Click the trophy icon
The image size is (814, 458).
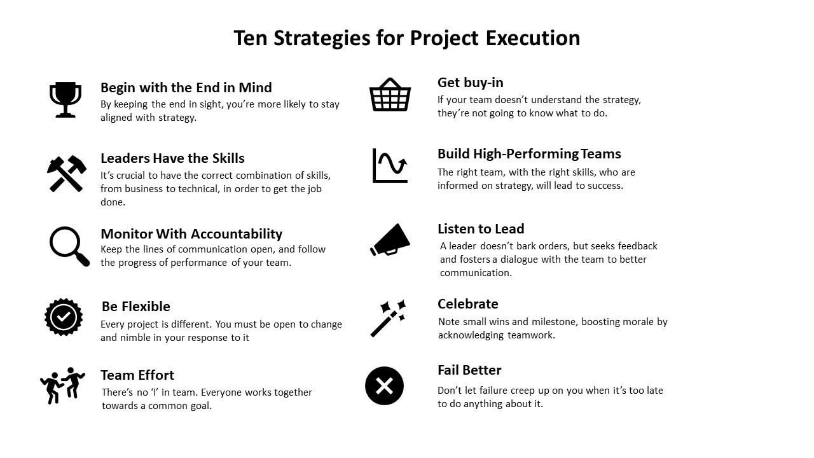[66, 100]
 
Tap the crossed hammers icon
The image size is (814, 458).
[67, 174]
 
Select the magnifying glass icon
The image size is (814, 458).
[69, 246]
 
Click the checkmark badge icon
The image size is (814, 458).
[64, 317]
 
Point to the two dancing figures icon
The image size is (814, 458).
[62, 385]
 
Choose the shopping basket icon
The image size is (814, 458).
[390, 95]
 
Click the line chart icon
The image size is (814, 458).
[390, 166]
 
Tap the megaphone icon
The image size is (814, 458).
[390, 240]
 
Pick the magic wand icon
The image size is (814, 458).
[388, 319]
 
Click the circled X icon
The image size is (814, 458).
[385, 385]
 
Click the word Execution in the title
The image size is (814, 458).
[533, 38]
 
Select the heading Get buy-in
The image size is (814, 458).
[470, 83]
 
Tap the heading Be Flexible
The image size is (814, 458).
[136, 307]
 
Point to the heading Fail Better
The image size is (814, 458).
[469, 370]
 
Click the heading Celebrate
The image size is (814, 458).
[468, 304]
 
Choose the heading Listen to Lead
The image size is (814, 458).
[481, 228]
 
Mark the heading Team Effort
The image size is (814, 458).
[137, 375]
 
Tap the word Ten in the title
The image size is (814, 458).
[251, 38]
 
